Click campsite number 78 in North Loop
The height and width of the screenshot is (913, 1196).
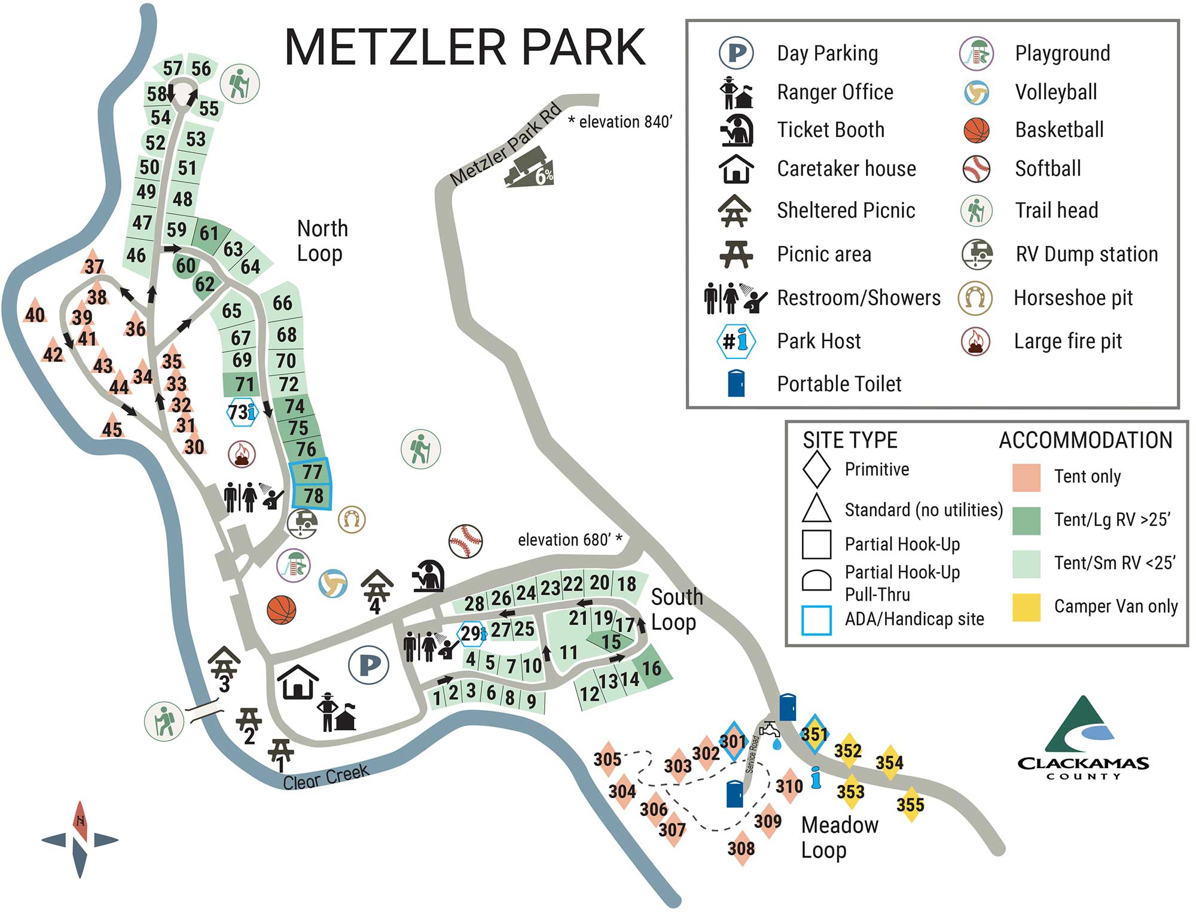click(x=313, y=496)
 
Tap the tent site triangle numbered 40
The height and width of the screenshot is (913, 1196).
click(x=35, y=312)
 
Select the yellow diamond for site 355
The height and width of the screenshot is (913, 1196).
click(x=910, y=805)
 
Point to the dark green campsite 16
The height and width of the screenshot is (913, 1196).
click(x=651, y=668)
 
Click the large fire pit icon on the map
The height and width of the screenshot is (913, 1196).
click(x=242, y=454)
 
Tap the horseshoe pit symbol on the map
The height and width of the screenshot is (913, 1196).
click(x=352, y=519)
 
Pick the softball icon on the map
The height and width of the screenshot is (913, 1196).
click(x=465, y=541)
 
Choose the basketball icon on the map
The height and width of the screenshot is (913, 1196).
click(x=282, y=610)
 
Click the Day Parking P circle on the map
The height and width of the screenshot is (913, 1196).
click(x=369, y=665)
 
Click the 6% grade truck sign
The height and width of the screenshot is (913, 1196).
click(x=530, y=168)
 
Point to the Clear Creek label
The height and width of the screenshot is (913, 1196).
click(x=326, y=777)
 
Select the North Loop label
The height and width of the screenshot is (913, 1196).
click(x=322, y=241)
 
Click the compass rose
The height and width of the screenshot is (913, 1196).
click(x=80, y=839)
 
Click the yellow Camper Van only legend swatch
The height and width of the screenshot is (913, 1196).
click(x=1026, y=607)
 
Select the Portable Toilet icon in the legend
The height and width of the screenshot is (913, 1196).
click(x=736, y=384)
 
